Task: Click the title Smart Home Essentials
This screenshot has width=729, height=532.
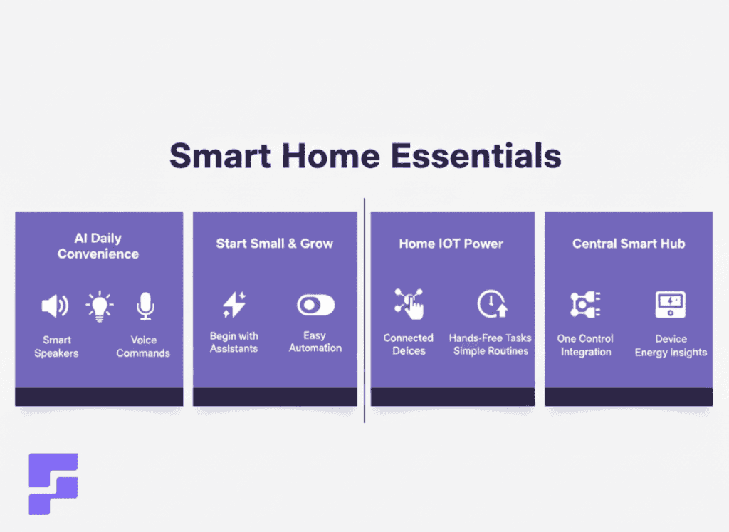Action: pos(364,156)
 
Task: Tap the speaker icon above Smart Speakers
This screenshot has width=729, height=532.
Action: pos(56,306)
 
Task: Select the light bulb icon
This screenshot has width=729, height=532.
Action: pos(100,306)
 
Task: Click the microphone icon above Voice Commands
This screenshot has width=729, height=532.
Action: pos(145,306)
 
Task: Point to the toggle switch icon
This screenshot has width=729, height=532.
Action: pos(315,306)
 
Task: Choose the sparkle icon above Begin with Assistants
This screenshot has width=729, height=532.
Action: pos(234,306)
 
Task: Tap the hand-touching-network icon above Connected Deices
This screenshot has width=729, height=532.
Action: pos(409,304)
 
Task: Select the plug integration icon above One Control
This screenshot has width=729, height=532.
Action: pos(585,305)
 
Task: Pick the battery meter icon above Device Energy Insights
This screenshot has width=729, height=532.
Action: pos(670,305)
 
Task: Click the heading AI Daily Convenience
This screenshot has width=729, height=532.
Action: pos(98,246)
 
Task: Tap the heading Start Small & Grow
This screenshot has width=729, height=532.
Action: pos(274,244)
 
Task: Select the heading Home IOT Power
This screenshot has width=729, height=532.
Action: pos(451,244)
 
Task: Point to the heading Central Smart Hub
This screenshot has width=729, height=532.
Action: pos(628,244)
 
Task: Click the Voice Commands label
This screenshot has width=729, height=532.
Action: pos(143,346)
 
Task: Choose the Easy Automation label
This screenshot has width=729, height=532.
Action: pos(315,342)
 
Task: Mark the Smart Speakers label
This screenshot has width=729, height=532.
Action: pos(56,346)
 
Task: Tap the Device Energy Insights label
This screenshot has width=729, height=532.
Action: pos(671,345)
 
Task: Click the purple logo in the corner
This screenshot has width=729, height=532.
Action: pos(53,484)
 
